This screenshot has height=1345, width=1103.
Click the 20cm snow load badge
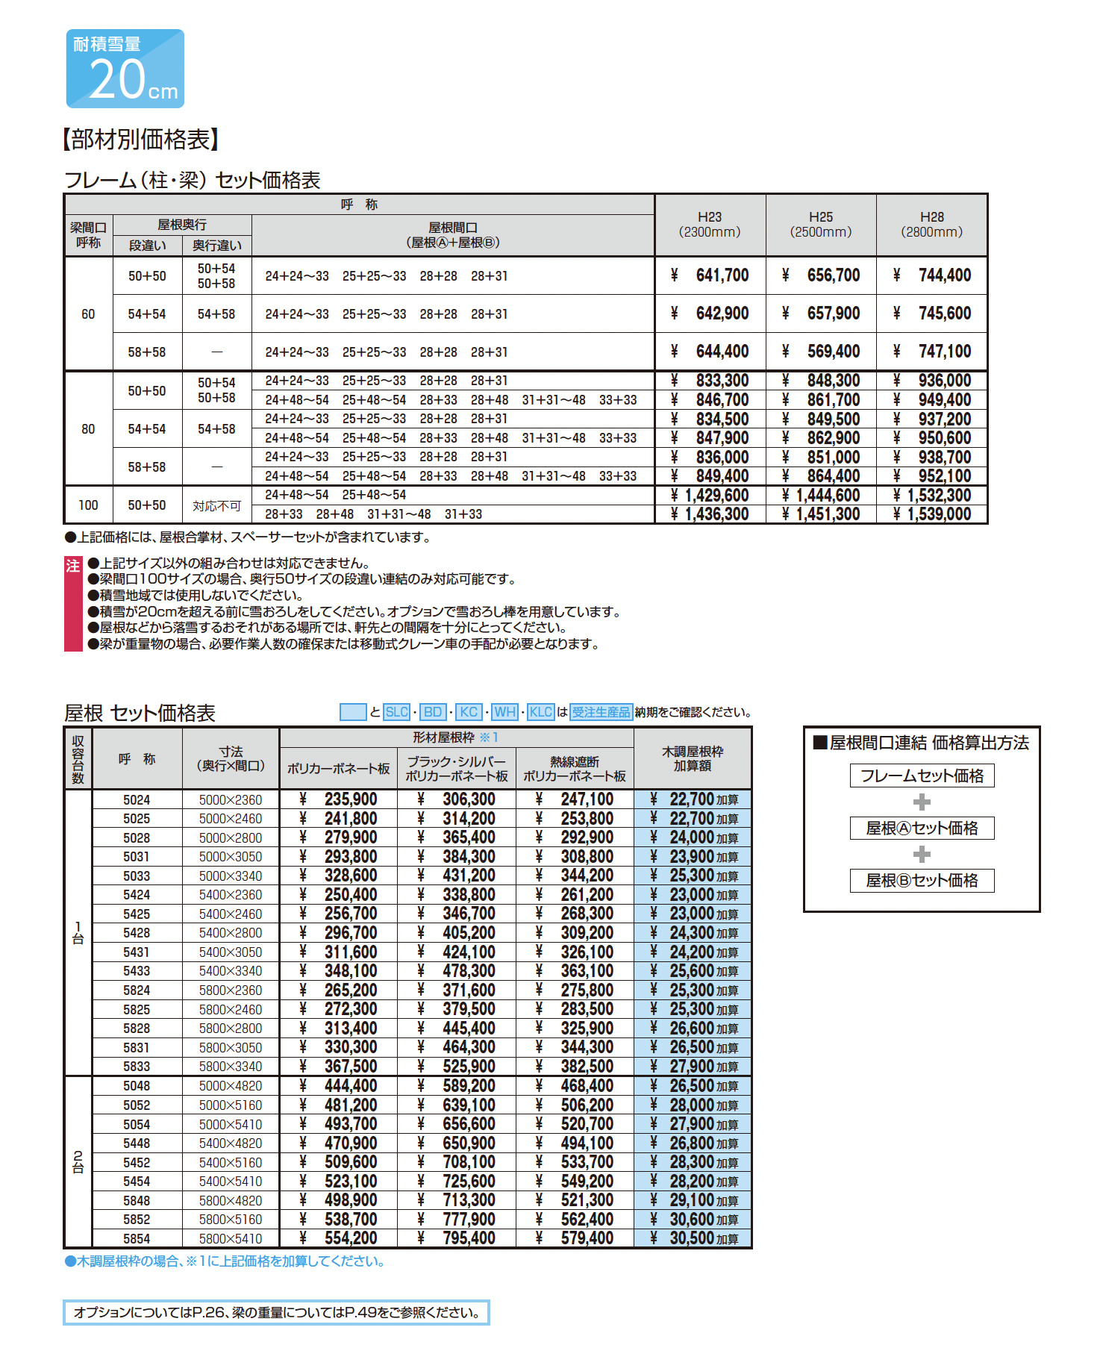point(125,69)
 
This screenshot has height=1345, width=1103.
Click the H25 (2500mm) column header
point(820,225)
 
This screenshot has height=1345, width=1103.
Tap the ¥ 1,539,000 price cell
point(932,514)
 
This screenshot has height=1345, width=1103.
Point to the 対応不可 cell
point(216,506)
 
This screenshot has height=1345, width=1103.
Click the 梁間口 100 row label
point(88,505)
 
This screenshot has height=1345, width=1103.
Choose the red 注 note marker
point(72,566)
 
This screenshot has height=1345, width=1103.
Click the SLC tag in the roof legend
point(396,712)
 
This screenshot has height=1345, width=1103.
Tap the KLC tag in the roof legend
point(540,712)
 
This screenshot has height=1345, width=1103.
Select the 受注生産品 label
point(601,712)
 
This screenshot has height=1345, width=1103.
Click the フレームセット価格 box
point(922,776)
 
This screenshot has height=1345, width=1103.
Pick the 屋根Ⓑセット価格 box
point(922,881)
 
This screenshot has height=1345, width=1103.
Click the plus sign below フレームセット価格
point(922,802)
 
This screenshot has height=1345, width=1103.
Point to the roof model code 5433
point(137,971)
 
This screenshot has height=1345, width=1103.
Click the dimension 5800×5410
point(231,1239)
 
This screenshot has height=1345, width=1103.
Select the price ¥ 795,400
point(457,1239)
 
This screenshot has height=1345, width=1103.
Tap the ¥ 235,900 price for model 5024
point(338,799)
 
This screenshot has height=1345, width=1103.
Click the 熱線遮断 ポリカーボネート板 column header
point(575,769)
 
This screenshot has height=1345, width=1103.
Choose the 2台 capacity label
point(78,1162)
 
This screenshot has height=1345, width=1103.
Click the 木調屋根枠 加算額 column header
point(693,758)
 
